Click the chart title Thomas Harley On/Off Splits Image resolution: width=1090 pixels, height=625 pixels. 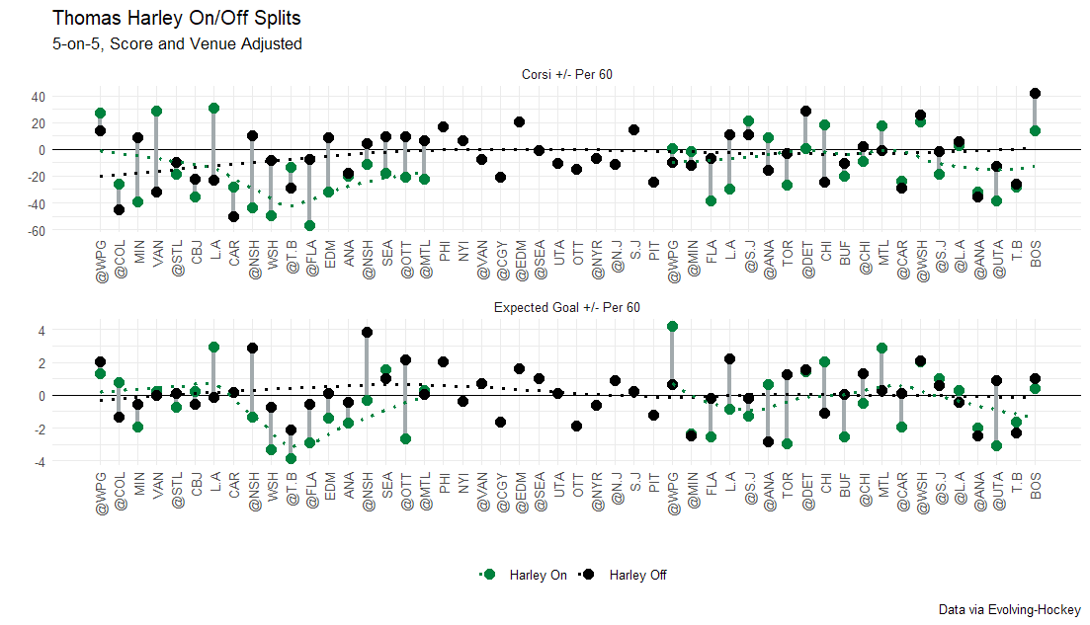(176, 19)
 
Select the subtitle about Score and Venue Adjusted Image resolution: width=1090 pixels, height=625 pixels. (176, 44)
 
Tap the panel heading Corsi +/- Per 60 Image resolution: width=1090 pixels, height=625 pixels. (567, 75)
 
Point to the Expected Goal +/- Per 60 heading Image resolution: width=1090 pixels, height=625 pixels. (567, 308)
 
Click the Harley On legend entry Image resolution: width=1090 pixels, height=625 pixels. (524, 576)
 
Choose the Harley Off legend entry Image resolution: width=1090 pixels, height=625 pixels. (624, 576)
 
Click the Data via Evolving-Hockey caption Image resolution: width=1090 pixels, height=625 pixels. (1009, 610)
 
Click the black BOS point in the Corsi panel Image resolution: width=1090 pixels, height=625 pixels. (1035, 94)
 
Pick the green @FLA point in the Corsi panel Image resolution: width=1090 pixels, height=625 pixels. (309, 225)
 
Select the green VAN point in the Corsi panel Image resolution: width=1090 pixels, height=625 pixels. (156, 112)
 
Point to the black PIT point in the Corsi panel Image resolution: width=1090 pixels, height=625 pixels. (653, 182)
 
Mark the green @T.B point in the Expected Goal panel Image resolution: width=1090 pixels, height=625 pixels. (291, 458)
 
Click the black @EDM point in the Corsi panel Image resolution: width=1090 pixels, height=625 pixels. (519, 122)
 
